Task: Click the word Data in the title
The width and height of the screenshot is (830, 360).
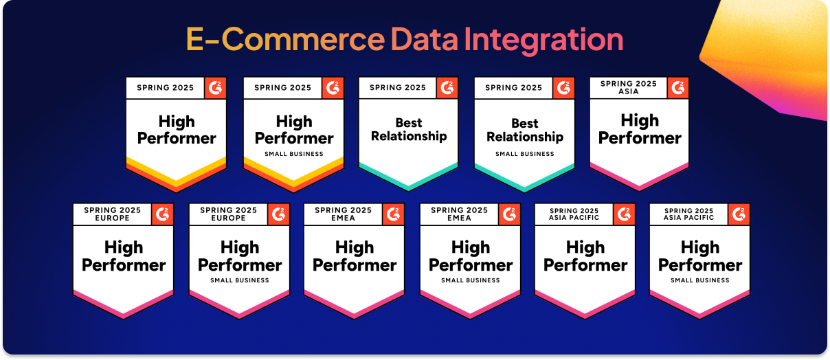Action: coord(424,39)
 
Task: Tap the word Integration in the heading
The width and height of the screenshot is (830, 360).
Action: coord(543,41)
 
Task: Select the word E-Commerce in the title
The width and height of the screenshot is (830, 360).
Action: coord(285,39)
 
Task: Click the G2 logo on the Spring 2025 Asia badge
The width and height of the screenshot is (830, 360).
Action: coord(678,88)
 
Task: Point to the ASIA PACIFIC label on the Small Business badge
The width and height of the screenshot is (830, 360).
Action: coord(689,218)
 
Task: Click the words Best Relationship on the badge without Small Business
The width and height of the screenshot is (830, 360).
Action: coord(409,129)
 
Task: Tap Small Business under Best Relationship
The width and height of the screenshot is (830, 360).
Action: coord(525,154)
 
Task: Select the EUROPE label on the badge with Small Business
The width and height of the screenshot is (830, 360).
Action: coord(228,218)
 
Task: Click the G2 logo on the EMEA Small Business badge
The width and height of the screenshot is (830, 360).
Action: coord(509,214)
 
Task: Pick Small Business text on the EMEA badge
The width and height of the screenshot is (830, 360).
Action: coord(471,280)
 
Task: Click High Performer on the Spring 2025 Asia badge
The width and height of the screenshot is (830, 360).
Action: coord(640,129)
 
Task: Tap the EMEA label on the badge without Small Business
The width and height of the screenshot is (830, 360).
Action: coord(343,218)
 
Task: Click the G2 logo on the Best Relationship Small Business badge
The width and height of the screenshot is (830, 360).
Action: coord(563,88)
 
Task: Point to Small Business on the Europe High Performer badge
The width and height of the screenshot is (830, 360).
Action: coord(240,280)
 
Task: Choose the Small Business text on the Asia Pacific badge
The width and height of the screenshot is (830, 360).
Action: coord(700,280)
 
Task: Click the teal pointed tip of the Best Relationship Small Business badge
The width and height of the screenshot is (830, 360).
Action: coord(524,191)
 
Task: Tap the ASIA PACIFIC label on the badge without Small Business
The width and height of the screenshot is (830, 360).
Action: coord(574,218)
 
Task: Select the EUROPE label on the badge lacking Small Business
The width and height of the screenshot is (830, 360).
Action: coord(112,218)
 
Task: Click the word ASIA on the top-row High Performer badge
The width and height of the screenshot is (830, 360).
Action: coord(629,91)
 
